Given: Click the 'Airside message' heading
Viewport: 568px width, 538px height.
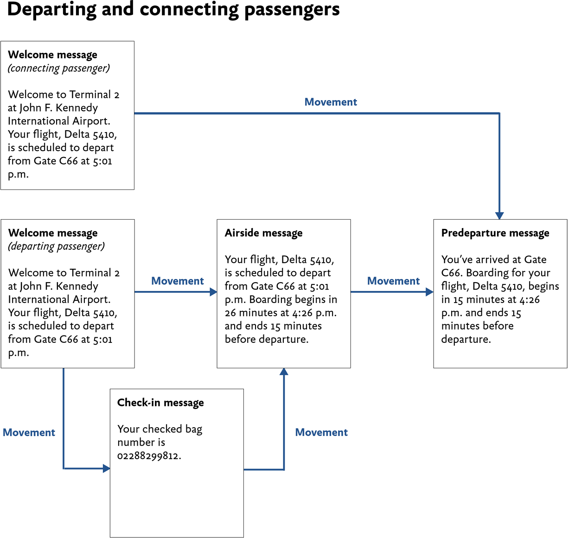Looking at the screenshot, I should tap(263, 233).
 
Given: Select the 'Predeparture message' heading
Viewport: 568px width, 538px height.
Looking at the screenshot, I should tap(495, 233).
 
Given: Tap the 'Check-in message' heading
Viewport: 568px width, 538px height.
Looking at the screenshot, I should tap(160, 403).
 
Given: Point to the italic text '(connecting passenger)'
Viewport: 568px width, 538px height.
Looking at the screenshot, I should tap(59, 69).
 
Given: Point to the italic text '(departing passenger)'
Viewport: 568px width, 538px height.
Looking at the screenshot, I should tap(56, 247).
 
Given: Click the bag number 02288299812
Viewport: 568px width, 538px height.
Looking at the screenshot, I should tap(148, 456).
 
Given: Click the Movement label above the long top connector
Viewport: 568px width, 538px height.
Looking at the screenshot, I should tap(331, 102).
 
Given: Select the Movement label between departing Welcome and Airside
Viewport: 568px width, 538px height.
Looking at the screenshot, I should tap(178, 281).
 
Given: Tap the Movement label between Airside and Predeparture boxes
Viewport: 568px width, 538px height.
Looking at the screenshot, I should tap(393, 281).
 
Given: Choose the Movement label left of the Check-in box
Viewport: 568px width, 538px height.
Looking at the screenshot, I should tap(29, 432).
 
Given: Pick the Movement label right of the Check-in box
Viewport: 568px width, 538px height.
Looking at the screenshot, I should tap(321, 432).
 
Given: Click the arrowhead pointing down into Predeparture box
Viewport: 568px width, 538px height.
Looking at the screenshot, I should tap(499, 216).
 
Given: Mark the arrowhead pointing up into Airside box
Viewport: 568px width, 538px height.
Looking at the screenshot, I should tap(284, 372).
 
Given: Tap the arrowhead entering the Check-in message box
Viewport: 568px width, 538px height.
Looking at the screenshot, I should tap(107, 468).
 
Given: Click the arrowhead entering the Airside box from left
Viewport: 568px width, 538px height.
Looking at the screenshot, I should tap(213, 292).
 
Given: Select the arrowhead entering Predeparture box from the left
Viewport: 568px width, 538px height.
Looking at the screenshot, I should tap(430, 292).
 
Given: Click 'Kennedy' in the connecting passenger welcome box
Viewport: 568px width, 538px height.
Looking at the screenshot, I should tap(77, 108).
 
